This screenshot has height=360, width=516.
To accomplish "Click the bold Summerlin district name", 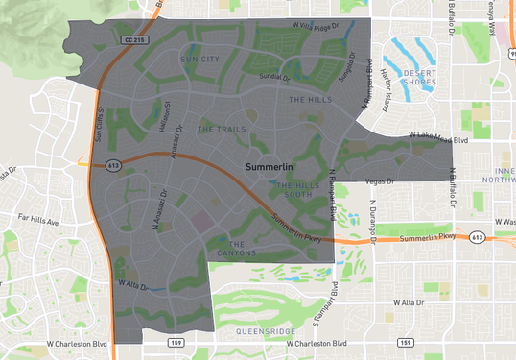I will (x=272, y=167).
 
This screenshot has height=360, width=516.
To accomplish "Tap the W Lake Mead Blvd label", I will (x=438, y=138).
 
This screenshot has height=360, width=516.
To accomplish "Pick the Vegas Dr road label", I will (x=381, y=180).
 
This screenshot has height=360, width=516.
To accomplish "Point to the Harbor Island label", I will (x=387, y=86).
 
